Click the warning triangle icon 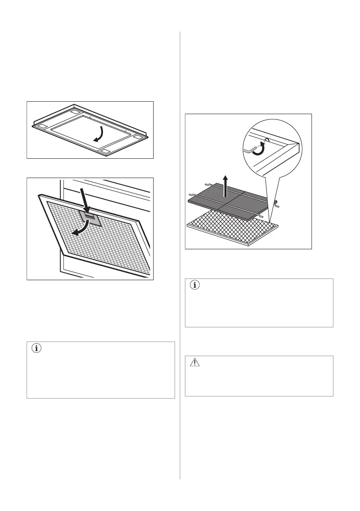tap(195, 363)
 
